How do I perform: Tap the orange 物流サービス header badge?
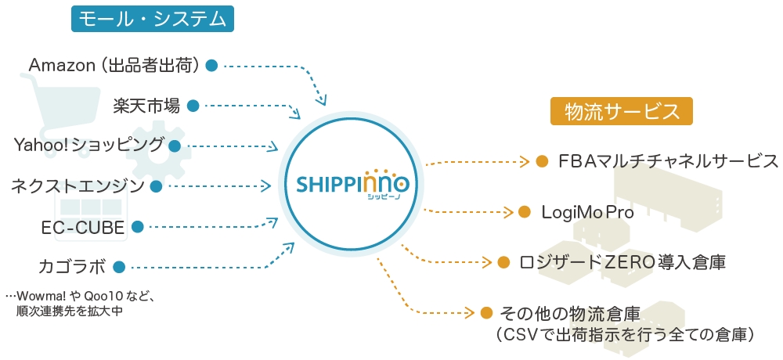tap(622, 112)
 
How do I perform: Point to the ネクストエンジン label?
tap(78, 185)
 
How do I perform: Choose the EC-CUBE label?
tap(83, 227)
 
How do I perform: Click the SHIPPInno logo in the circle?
tap(352, 185)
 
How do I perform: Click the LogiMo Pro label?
tap(587, 212)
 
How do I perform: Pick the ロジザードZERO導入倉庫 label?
tap(622, 262)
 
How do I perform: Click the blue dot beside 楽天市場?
tap(192, 105)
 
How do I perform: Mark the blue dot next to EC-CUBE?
tap(137, 227)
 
